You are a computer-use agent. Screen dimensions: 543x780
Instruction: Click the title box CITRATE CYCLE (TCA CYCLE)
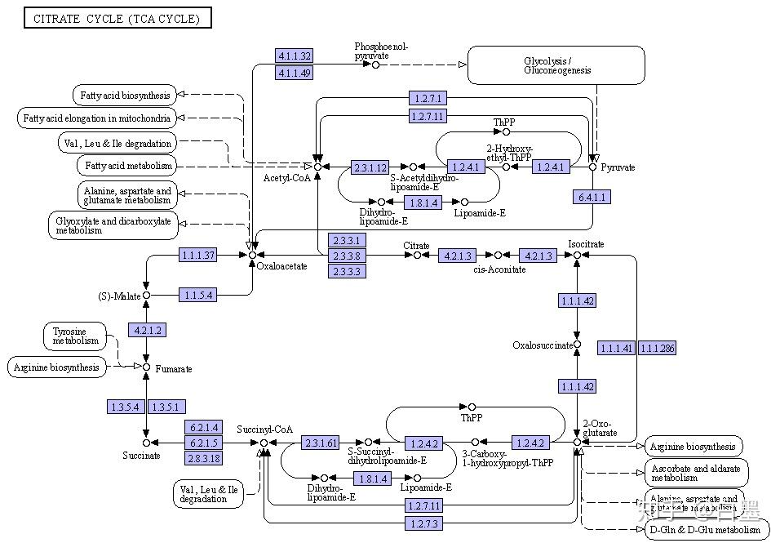point(117,19)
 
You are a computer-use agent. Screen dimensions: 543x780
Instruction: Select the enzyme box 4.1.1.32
point(295,56)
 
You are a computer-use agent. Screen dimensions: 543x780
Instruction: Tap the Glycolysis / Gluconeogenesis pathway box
point(556,65)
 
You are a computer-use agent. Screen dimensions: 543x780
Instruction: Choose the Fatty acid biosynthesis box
point(125,96)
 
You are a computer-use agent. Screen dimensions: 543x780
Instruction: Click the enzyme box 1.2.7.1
point(428,99)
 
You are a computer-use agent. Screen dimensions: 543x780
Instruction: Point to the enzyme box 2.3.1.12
point(370,167)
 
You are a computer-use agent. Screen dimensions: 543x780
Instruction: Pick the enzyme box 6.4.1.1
point(592,197)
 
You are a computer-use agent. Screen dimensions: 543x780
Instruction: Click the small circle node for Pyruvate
point(593,167)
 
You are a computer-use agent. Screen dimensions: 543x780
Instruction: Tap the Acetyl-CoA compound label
point(287,178)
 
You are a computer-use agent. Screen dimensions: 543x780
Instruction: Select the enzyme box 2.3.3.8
point(346,256)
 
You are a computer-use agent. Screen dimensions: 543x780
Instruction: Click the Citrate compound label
point(416,245)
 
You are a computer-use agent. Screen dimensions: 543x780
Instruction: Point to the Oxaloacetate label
point(281,266)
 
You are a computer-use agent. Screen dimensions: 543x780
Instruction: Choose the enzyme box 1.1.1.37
point(198,256)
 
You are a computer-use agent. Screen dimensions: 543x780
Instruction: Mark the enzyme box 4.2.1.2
point(146,330)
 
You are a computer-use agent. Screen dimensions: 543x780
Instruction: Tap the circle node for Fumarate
point(146,367)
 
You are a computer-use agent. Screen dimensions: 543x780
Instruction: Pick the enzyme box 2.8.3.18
point(205,458)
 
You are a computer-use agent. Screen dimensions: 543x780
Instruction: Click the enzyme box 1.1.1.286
point(657,349)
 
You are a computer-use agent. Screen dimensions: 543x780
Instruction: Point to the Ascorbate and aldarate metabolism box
point(694,473)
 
